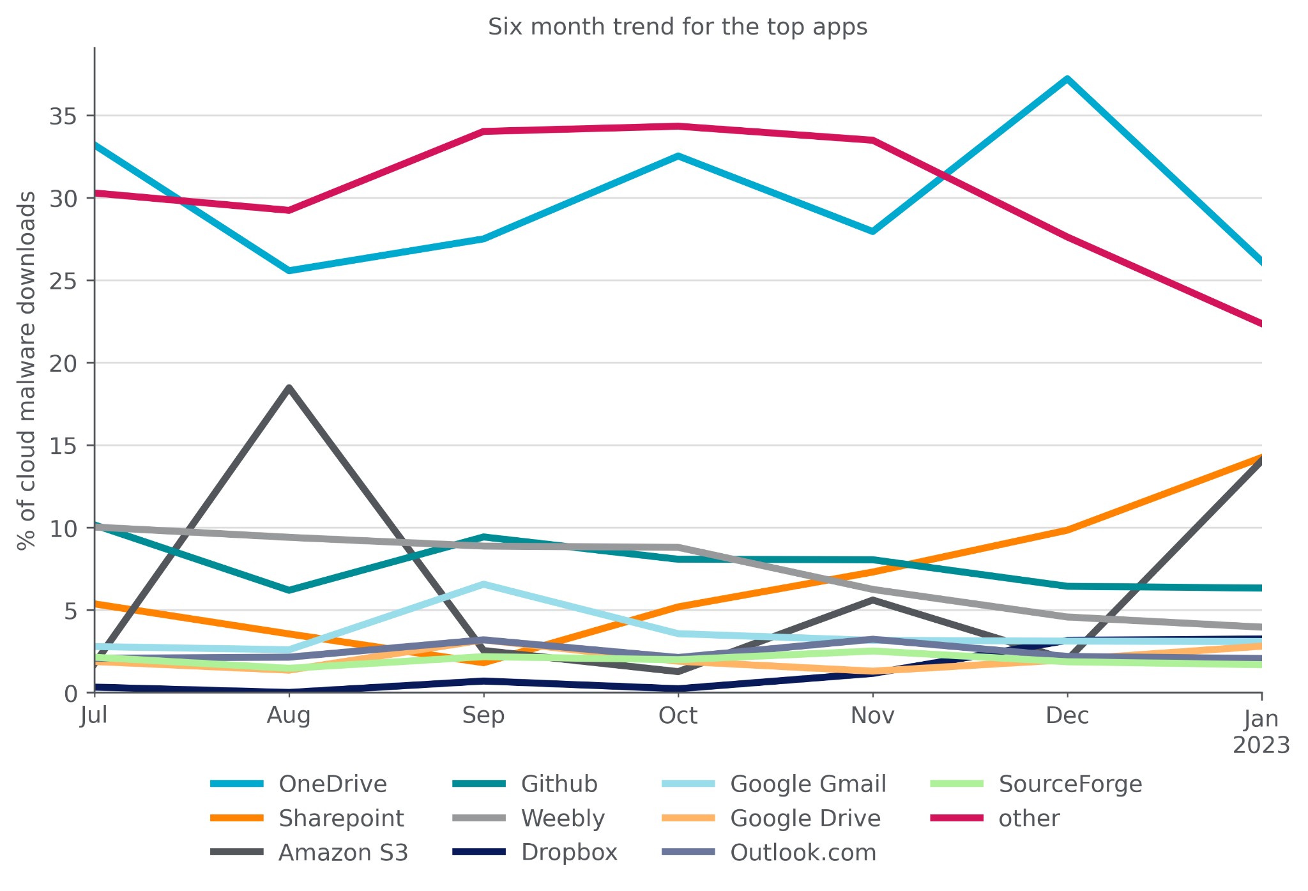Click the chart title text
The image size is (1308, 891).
678,27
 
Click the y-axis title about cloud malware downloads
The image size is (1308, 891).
26,370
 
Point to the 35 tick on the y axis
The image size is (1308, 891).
63,116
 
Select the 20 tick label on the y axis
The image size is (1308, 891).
63,363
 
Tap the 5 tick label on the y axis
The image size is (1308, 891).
71,611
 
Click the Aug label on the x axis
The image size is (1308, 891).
289,715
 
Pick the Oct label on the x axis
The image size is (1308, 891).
678,715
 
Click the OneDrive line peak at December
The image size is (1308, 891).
1067,79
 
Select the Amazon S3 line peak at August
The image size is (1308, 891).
289,388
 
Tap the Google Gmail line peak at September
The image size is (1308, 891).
483,584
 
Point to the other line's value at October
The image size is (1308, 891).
678,126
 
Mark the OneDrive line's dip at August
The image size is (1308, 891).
289,271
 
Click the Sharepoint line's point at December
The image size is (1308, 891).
1067,529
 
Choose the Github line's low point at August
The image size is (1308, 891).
289,590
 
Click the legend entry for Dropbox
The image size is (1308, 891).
568,853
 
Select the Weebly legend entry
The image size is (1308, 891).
562,818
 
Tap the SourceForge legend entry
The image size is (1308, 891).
1070,784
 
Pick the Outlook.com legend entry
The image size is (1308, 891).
802,853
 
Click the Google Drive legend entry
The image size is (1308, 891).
805,818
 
